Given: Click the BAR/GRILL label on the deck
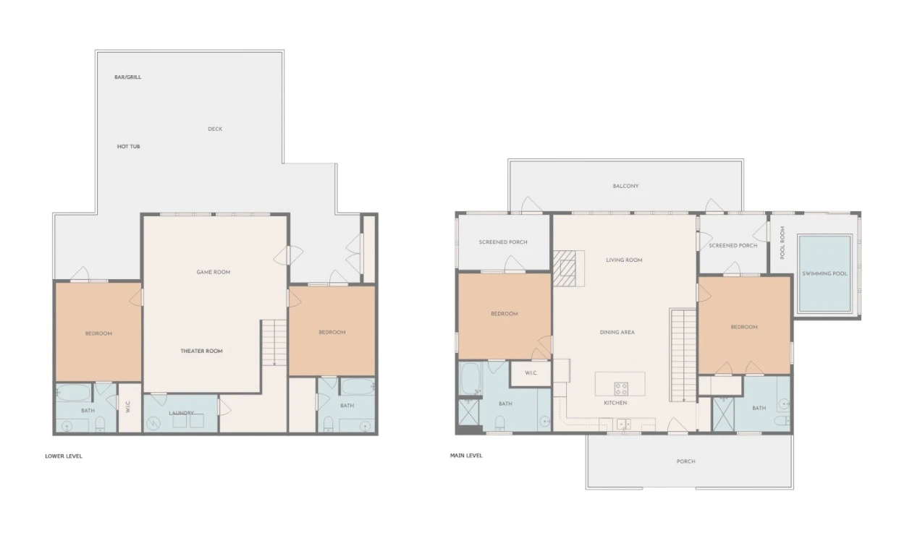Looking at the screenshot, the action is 127,77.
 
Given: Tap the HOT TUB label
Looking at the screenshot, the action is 128,146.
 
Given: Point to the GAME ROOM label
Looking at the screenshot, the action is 213,272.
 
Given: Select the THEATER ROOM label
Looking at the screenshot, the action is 201,351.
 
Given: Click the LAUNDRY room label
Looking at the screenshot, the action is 181,413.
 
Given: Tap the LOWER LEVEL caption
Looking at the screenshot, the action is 64,456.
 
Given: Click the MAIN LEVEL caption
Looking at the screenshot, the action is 466,456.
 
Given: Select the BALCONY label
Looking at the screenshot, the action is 625,186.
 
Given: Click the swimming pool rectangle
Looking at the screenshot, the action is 824,273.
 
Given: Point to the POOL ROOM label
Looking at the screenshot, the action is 782,243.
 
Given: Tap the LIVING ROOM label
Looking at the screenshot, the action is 624,260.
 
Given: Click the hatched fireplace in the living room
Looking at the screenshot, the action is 569,268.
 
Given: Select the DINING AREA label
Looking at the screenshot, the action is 617,332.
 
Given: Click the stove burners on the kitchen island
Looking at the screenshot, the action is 621,388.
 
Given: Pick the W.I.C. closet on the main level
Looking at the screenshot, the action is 531,373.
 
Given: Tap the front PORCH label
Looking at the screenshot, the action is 685,461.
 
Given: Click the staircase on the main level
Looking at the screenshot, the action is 683,355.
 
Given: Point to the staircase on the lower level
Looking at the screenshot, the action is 274,343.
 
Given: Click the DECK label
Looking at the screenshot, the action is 215,129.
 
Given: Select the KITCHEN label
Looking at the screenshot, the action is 615,403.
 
